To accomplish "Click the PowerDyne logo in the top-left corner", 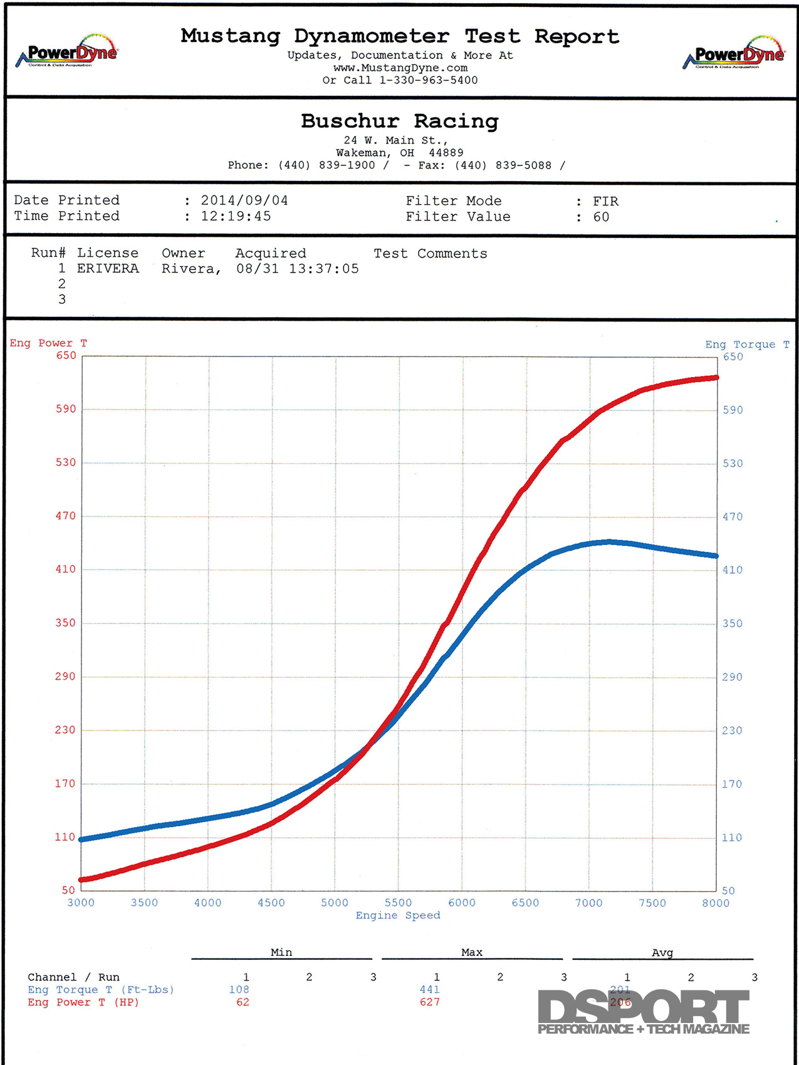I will (66, 52).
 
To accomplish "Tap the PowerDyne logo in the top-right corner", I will (733, 54).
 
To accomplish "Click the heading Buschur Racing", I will (399, 121).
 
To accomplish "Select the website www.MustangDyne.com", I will (400, 68).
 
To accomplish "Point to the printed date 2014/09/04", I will (244, 200).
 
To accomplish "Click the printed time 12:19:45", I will (236, 216).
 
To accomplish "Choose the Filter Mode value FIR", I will (605, 201).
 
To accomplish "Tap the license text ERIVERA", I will (108, 268).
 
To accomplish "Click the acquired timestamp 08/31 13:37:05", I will (297, 269).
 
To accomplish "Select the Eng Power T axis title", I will (48, 343).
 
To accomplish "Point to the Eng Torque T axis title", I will (747, 345).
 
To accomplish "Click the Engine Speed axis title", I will (398, 915).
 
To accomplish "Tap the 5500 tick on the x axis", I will (398, 903).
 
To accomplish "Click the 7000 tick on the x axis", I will (588, 903).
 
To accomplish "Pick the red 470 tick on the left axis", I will (65, 516).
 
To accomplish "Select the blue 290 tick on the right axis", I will (732, 677).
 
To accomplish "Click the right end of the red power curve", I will (716, 378).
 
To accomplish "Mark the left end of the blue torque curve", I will (82, 839).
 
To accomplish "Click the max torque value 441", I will (429, 989).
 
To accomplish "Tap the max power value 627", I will (429, 1002).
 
